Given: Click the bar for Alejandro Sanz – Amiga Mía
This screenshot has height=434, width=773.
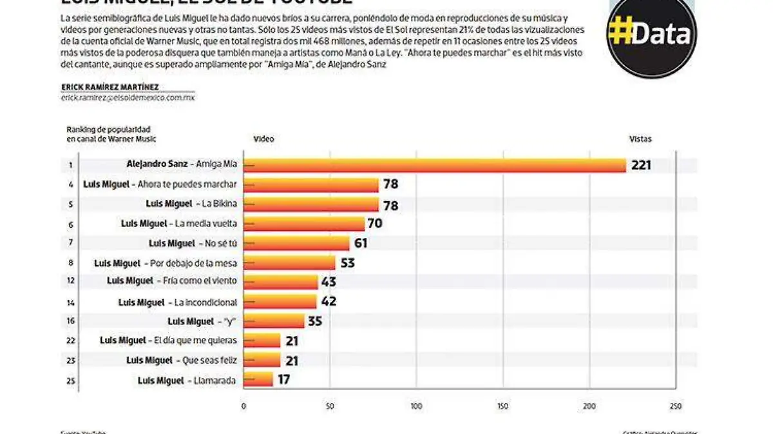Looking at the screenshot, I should click(435, 165).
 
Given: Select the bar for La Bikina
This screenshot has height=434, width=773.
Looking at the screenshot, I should click(311, 204).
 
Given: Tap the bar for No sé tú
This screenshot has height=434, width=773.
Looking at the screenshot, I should click(296, 243).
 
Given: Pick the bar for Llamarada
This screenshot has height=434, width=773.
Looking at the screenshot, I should click(258, 380).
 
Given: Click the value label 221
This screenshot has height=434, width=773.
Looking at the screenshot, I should click(641, 165).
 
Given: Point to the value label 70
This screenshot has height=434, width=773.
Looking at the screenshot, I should click(375, 224).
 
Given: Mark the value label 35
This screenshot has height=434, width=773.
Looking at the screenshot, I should click(315, 321).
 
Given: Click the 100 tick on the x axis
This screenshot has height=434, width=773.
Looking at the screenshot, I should click(416, 406).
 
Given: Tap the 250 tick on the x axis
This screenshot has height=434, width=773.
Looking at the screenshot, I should click(675, 406).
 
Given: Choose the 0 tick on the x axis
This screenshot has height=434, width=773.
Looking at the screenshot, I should click(243, 406).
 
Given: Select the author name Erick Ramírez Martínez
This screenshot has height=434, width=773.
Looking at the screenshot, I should click(110, 87).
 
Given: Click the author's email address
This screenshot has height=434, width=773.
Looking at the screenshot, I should click(128, 98).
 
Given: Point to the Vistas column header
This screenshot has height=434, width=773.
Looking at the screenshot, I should click(640, 139).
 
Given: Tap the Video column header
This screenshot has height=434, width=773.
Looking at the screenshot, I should click(263, 139).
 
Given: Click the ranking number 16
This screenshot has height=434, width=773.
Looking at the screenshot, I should click(71, 321).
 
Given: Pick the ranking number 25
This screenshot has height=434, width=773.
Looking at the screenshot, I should click(71, 380).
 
